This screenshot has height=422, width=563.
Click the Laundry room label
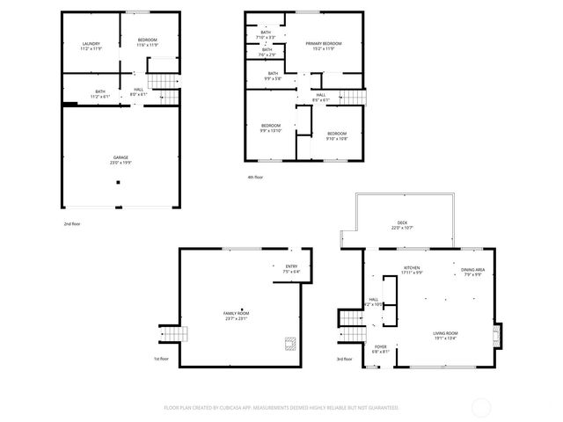91,45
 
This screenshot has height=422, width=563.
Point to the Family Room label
236,315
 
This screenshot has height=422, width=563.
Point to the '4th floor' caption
255,177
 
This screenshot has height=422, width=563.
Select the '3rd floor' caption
344,359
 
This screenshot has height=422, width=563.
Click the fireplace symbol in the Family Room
289,344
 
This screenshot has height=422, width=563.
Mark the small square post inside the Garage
119,183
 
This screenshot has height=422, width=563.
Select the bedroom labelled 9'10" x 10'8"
337,135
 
